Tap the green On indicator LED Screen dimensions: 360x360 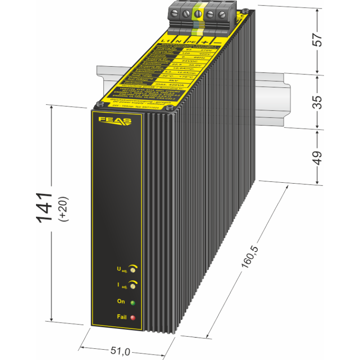[x=133, y=302]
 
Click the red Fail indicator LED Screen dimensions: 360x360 [x=133, y=318]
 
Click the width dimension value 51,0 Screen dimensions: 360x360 [x=120, y=351]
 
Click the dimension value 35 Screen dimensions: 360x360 [x=318, y=103]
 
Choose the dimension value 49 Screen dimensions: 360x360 [x=318, y=157]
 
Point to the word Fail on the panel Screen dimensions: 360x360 [x=121, y=317]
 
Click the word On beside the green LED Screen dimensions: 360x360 [x=121, y=301]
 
